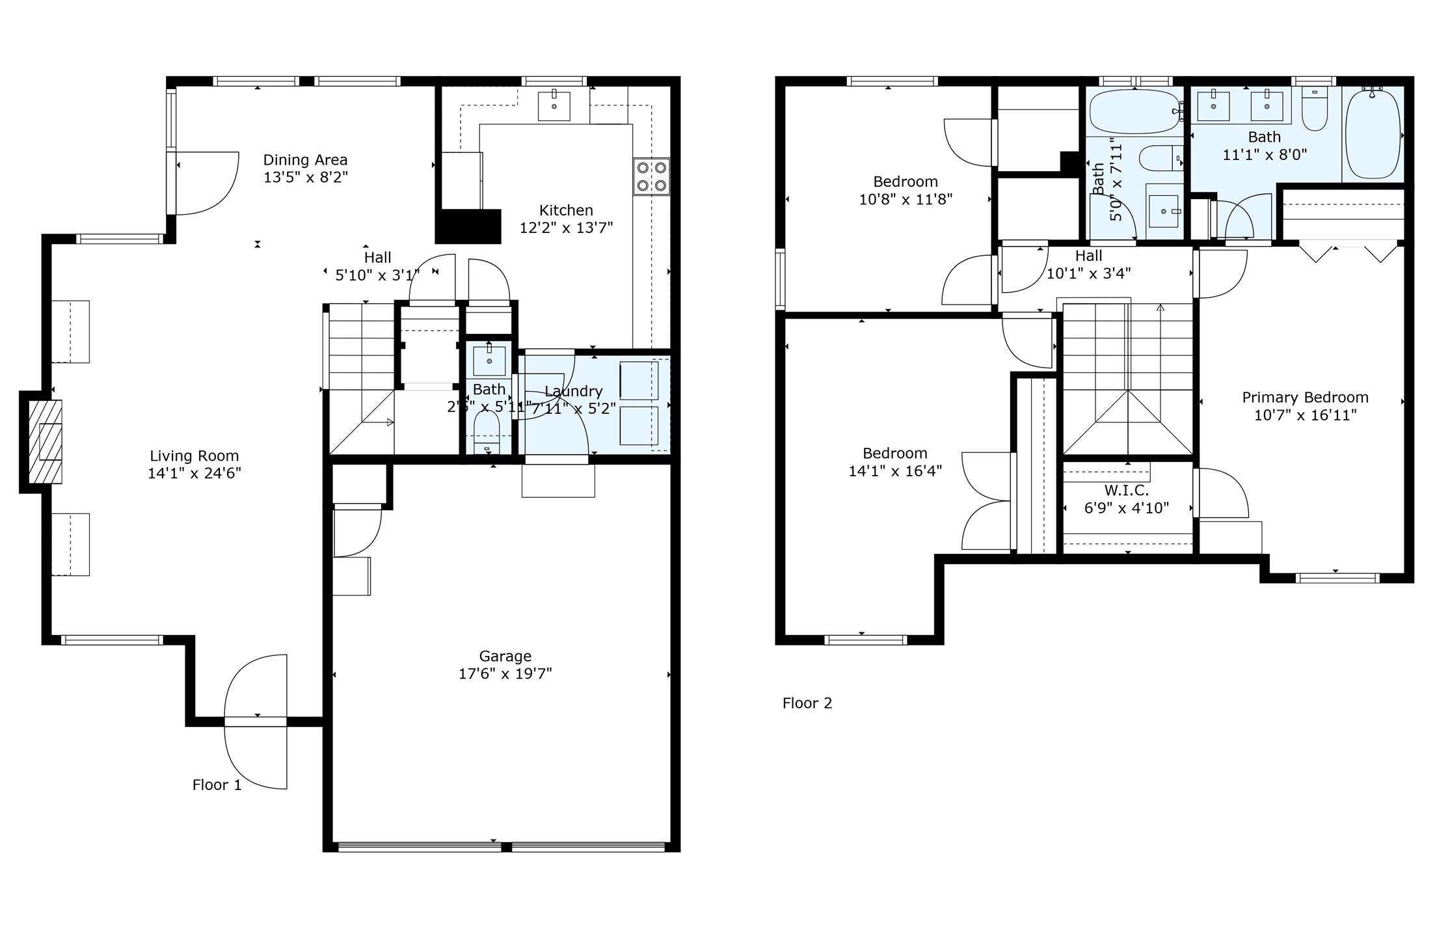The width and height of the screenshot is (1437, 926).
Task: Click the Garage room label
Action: coord(505,656)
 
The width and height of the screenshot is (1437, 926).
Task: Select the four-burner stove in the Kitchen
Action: coord(651,176)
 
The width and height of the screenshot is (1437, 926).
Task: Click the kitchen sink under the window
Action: coord(554,105)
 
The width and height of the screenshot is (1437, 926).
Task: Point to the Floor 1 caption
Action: coord(217,785)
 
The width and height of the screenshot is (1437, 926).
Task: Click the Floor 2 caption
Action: coord(807,703)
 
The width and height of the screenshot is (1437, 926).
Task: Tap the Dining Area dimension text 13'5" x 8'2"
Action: coord(305,177)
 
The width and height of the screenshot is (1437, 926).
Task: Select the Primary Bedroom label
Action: coord(1304,397)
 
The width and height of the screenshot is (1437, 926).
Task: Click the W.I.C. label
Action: coord(1126,490)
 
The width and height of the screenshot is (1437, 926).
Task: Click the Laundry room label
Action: coord(573,391)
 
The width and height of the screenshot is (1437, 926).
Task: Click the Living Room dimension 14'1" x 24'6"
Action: coord(194,473)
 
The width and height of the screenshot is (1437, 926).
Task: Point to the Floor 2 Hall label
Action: coord(1088,256)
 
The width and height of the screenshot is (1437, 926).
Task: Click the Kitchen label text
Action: coord(565,210)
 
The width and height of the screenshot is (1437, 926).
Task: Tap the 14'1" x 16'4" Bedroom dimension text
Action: coord(894,470)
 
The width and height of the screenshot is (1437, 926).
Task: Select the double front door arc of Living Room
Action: coord(256,721)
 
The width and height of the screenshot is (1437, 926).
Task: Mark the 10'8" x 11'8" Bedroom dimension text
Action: coord(905,199)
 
